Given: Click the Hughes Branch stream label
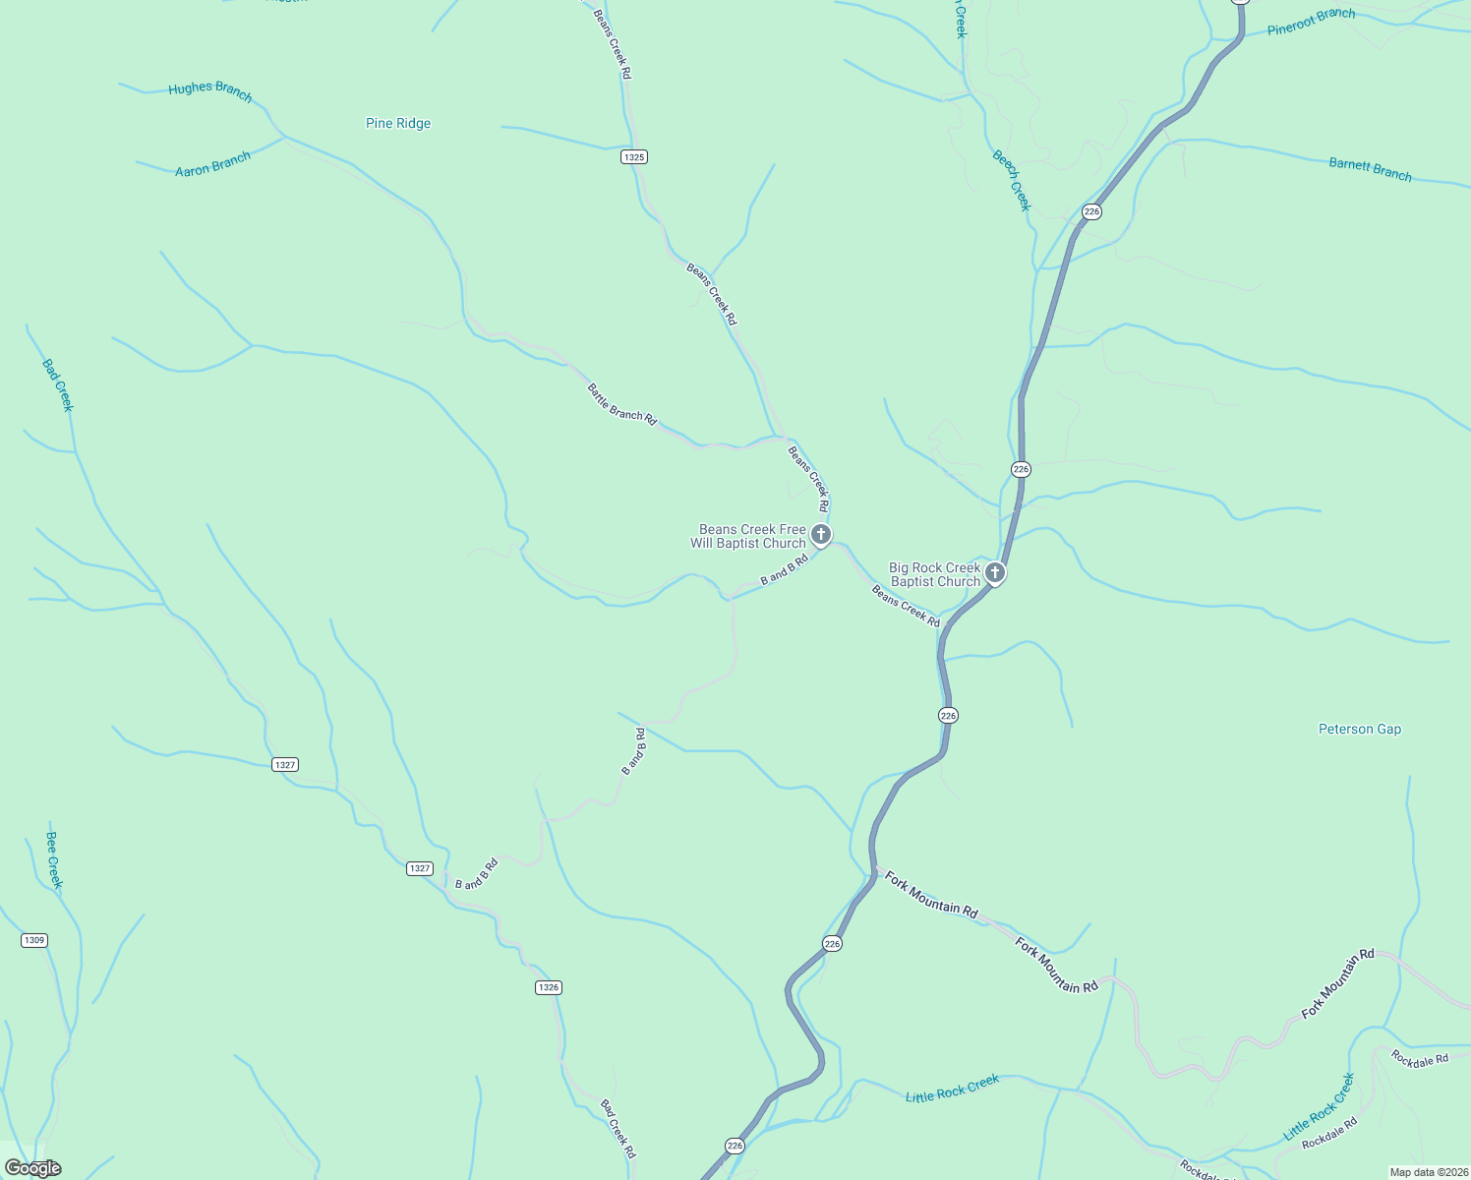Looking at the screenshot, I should pyautogui.click(x=210, y=90).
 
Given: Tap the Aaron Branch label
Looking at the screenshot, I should pyautogui.click(x=212, y=164).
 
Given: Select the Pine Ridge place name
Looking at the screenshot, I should pyautogui.click(x=398, y=123).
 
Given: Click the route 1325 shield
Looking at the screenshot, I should pyautogui.click(x=634, y=157).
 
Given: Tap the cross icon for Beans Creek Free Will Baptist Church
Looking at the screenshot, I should pyautogui.click(x=821, y=535).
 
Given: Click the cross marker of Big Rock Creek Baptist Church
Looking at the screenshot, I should pyautogui.click(x=995, y=572).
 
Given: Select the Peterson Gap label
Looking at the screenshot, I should pyautogui.click(x=1360, y=729).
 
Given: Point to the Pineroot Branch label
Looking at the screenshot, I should pyautogui.click(x=1311, y=22).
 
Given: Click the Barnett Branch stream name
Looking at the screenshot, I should pyautogui.click(x=1370, y=169).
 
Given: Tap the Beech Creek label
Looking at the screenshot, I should pyautogui.click(x=1011, y=180).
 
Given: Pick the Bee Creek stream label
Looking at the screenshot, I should pyautogui.click(x=54, y=859).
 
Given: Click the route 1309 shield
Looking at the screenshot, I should pyautogui.click(x=34, y=940).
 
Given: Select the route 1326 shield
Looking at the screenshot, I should pyautogui.click(x=549, y=987).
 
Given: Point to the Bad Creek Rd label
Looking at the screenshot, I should pyautogui.click(x=618, y=1128).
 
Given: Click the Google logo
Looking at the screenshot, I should pyautogui.click(x=32, y=1168).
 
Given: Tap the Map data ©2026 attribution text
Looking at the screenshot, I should pyautogui.click(x=1428, y=1172).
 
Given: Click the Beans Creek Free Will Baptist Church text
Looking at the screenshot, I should pyautogui.click(x=748, y=536).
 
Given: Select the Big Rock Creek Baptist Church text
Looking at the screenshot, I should pyautogui.click(x=935, y=574).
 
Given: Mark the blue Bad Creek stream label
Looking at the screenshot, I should pyautogui.click(x=58, y=384).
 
